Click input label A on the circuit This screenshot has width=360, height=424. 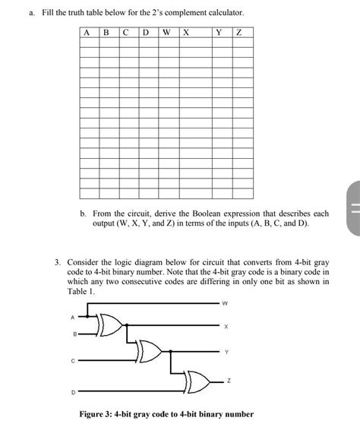[73, 317]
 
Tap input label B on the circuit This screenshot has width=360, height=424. [73, 334]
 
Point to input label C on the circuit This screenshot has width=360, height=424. [73, 361]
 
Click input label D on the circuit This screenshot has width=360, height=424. [73, 391]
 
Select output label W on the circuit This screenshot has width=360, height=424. [225, 304]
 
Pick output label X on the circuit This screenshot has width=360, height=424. [225, 327]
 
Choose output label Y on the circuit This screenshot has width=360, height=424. [225, 352]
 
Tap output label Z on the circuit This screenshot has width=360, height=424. [225, 381]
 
